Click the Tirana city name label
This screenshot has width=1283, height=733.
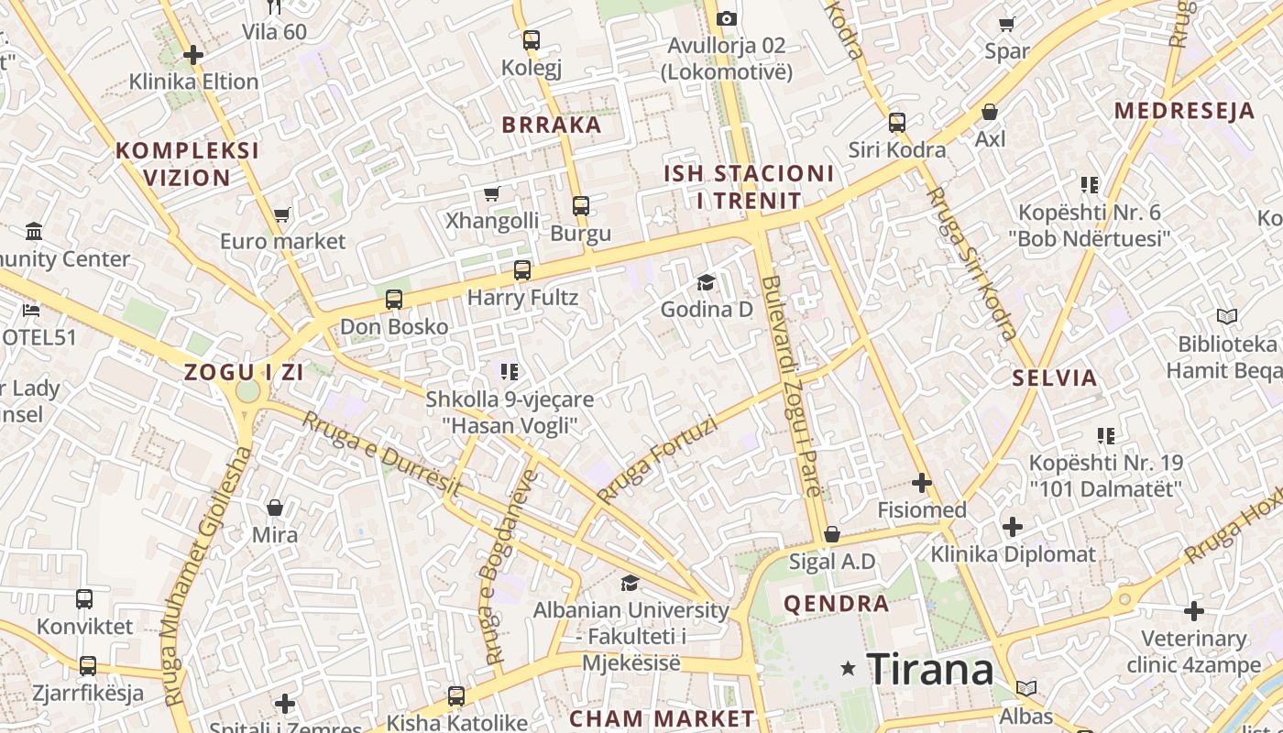[x=929, y=670]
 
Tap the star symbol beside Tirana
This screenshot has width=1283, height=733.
[x=849, y=670]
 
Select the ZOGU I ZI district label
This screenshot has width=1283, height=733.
[x=244, y=373]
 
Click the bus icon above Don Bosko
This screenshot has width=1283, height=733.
[x=394, y=300]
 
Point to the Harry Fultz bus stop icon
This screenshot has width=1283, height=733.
[x=522, y=270]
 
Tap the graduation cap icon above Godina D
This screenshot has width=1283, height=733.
[x=706, y=282]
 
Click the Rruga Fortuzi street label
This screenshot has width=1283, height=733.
[x=656, y=458]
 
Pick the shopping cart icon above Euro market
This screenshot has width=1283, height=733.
[x=281, y=214]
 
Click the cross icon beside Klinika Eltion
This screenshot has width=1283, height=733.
[x=192, y=55]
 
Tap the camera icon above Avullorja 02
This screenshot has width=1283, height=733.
[x=726, y=18]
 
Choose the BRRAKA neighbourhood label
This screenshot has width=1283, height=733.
[x=552, y=126]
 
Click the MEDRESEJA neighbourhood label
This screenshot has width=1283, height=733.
[x=1184, y=112]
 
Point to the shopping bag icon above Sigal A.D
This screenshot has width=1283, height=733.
[x=832, y=533]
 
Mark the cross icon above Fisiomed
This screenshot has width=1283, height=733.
[x=922, y=483]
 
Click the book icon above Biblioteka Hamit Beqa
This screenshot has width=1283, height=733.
[x=1227, y=317]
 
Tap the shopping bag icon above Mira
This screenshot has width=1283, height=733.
[x=274, y=508]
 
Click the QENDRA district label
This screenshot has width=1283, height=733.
[x=836, y=604]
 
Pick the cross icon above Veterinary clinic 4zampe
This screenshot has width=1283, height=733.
[x=1193, y=610]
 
